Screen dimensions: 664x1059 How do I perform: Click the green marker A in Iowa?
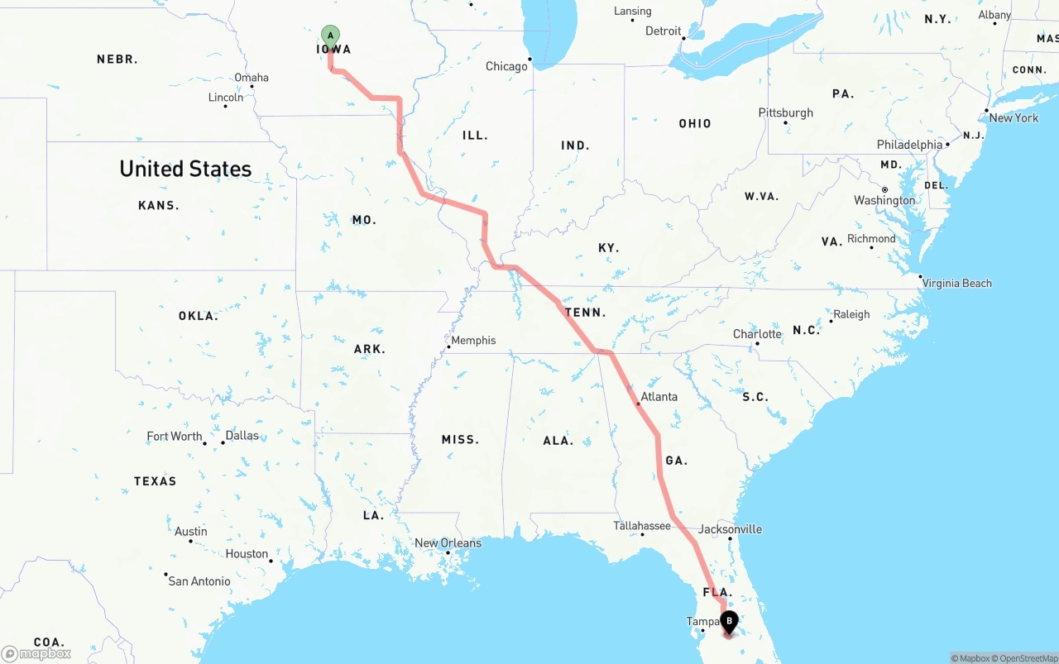point(330,36)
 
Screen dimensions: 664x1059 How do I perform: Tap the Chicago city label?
point(506,66)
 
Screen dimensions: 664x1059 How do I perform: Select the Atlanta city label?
point(659,397)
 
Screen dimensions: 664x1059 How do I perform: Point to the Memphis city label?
point(473,340)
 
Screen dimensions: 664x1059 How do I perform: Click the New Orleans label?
point(448,543)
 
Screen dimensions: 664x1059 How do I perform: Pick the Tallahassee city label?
point(642,526)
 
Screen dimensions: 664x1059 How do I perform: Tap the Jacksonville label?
point(730,529)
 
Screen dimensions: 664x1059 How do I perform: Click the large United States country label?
point(185,169)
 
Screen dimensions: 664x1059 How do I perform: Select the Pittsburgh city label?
point(785,113)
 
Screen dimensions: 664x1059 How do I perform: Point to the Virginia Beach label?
point(956,284)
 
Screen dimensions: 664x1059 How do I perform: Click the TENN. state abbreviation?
point(586,313)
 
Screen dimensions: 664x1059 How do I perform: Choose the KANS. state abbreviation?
point(159,205)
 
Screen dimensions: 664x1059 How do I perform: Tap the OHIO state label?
point(695,123)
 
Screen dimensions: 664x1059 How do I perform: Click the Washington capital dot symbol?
point(884,189)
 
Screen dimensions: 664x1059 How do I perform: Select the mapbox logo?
point(36,653)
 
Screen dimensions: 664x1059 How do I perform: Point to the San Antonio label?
point(199,581)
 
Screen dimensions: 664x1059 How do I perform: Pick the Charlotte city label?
point(757,334)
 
